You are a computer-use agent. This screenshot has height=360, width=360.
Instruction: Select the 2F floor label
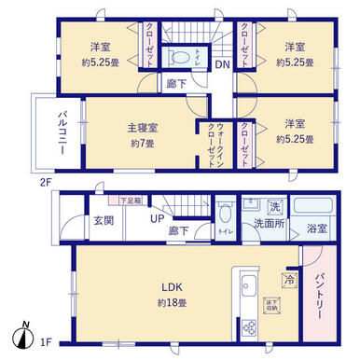click(43, 182)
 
